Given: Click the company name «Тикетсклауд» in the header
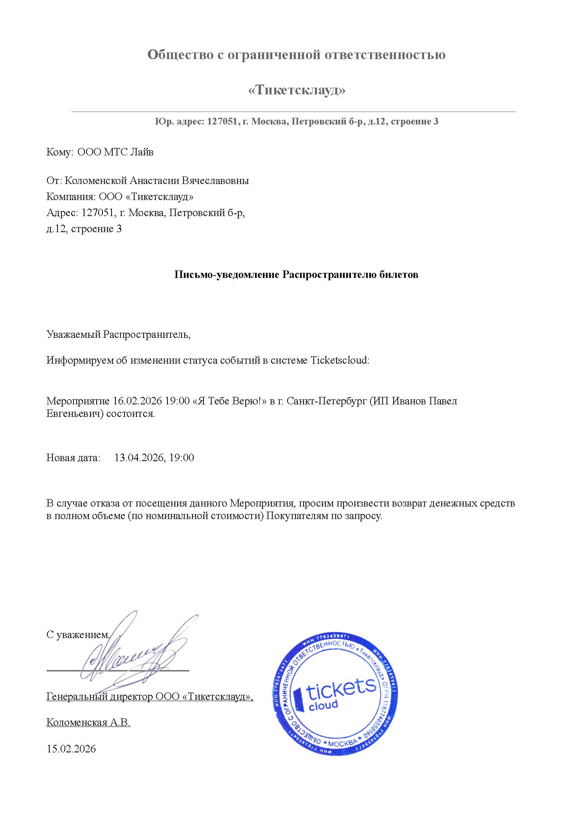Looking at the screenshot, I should click(297, 91).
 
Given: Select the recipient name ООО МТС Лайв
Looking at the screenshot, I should click(115, 152).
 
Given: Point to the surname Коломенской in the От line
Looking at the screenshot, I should click(95, 181).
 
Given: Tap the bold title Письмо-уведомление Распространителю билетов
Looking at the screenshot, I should click(296, 275).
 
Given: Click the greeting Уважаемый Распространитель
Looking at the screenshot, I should click(118, 335).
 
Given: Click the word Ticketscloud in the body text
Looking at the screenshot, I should click(339, 360).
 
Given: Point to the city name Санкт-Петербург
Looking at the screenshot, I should click(327, 401).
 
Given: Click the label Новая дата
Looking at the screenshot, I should click(74, 458).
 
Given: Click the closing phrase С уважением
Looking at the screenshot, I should click(78, 635).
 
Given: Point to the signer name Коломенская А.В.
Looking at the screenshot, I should click(88, 723).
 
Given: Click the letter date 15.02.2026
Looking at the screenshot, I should click(71, 749).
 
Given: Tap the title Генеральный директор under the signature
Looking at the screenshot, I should click(99, 697).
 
